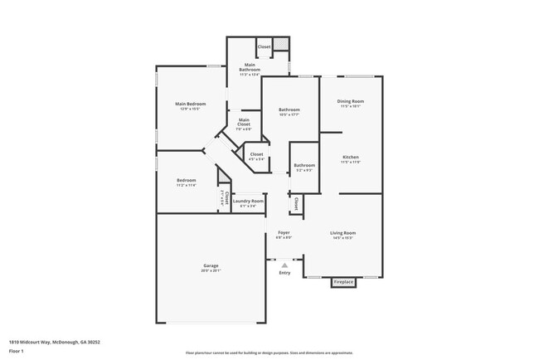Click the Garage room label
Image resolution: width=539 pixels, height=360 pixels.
pos(211,265)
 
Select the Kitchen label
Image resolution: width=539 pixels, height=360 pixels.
pos(351,157)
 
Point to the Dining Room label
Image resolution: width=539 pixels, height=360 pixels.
pos(351,101)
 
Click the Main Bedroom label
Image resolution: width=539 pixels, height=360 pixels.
pos(190,104)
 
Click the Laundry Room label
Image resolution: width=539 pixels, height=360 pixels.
pos(248,201)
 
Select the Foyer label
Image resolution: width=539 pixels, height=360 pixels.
pos(284,232)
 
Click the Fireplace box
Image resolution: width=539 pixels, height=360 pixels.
pos(343,283)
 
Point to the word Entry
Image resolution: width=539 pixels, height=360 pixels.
pos(284,273)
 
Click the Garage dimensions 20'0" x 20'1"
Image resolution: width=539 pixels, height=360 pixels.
pos(211,270)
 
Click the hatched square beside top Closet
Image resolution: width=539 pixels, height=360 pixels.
pos(282,45)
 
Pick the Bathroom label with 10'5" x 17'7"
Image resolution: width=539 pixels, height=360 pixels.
pos(289,111)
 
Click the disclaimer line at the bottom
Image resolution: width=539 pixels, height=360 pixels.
pos(269,353)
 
